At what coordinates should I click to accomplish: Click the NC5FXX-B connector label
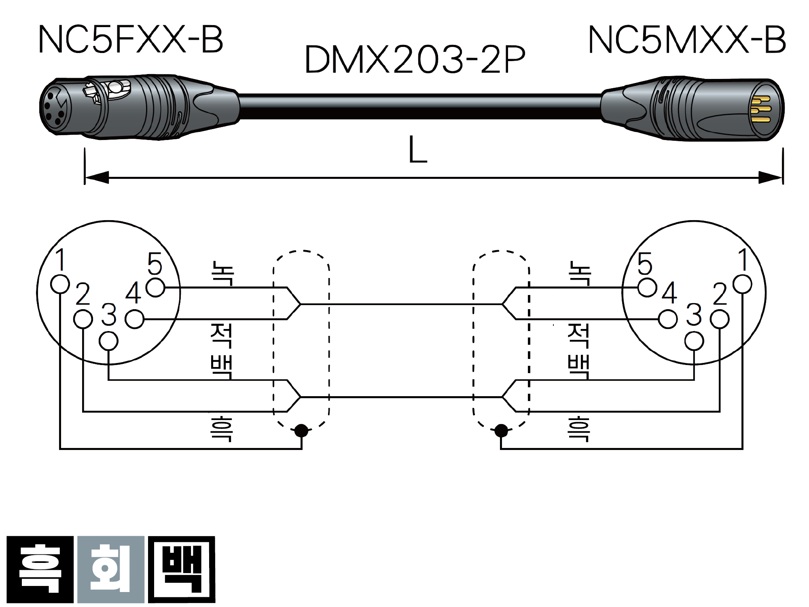tap(131, 39)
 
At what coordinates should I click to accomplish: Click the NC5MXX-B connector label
tap(687, 39)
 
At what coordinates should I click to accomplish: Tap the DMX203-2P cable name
tap(415, 59)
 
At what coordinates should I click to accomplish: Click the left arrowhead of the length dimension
tap(97, 177)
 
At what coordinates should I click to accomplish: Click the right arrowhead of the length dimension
tap(771, 177)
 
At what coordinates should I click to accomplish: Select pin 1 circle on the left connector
tap(60, 284)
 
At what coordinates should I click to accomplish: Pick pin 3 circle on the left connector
tap(108, 341)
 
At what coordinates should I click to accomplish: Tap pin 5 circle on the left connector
tap(155, 288)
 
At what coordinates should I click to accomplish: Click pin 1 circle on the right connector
tap(742, 284)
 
